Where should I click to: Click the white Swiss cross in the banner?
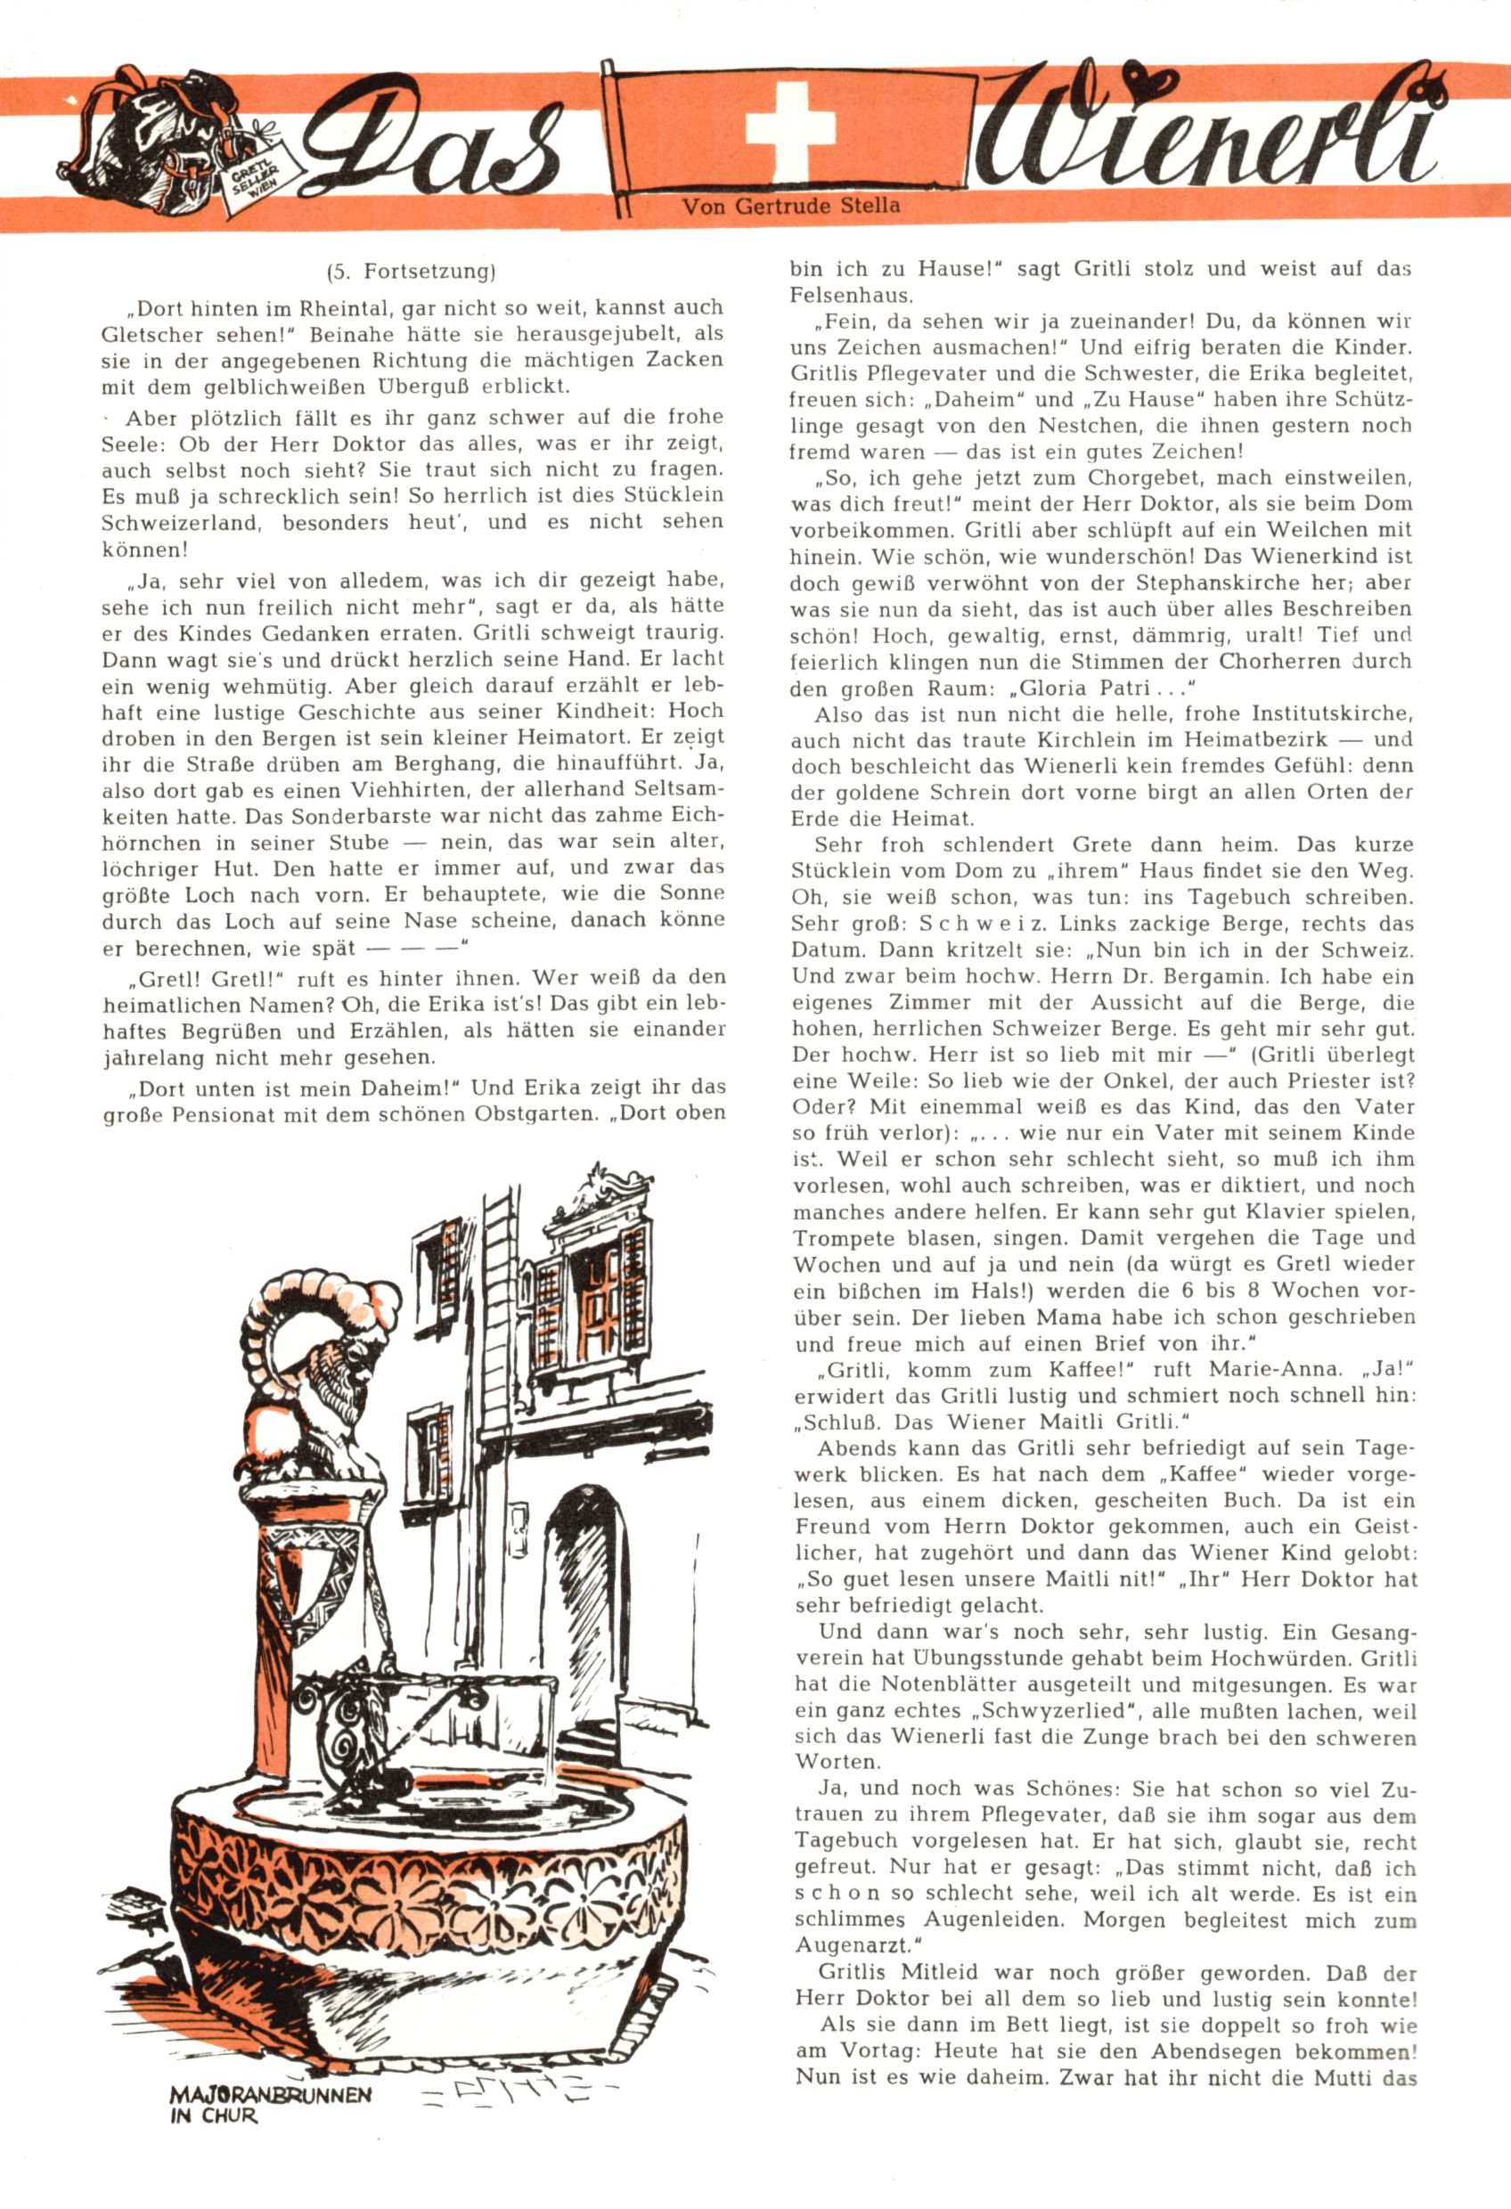point(790,130)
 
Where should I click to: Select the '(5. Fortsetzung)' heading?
point(412,272)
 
